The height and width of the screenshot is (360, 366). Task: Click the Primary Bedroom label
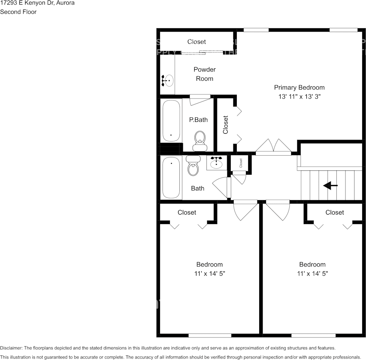pyautogui.click(x=299, y=88)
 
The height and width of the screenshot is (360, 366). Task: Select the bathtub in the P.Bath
pyautogui.click(x=171, y=121)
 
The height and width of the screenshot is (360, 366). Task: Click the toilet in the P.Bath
pyautogui.click(x=200, y=141)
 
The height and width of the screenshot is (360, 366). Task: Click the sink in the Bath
pyautogui.click(x=217, y=162)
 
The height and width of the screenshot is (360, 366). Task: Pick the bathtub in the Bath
pyautogui.click(x=171, y=178)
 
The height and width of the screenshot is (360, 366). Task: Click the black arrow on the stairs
pyautogui.click(x=330, y=186)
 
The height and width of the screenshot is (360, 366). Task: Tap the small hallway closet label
pyautogui.click(x=241, y=163)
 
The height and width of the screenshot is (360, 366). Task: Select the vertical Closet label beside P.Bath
pyautogui.click(x=226, y=124)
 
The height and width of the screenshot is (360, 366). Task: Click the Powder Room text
pyautogui.click(x=204, y=74)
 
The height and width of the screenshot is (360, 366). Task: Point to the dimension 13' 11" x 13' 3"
pyautogui.click(x=299, y=97)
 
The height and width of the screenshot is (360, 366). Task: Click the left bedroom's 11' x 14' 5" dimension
pyautogui.click(x=209, y=274)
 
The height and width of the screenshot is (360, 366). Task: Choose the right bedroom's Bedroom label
pyautogui.click(x=312, y=264)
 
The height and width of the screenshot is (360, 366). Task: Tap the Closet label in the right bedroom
pyautogui.click(x=334, y=212)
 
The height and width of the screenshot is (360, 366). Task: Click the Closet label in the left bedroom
pyautogui.click(x=187, y=212)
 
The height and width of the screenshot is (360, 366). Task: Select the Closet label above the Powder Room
pyautogui.click(x=196, y=41)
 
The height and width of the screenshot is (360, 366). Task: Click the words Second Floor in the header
pyautogui.click(x=18, y=12)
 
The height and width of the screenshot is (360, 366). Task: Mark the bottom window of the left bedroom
pyautogui.click(x=209, y=335)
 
